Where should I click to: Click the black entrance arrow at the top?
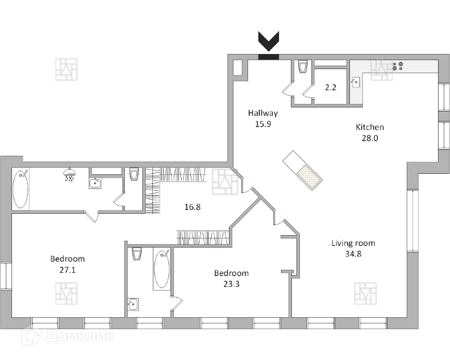268,42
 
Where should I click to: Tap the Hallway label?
263,113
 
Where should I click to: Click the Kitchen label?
370,127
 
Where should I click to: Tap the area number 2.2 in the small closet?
331,87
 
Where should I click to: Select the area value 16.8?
192,206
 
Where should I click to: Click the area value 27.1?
67,270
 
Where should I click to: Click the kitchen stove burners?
398,66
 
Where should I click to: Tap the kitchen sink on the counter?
355,82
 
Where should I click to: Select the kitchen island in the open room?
303,171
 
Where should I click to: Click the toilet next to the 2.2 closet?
303,67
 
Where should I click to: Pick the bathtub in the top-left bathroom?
20,188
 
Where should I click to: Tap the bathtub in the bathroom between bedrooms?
161,269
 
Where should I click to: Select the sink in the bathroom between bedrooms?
133,304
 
